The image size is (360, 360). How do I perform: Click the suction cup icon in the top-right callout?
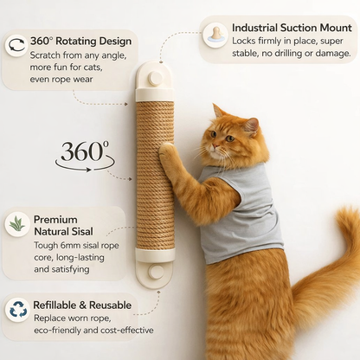[x=215, y=34]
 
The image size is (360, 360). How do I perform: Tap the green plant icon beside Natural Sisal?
[x=16, y=224]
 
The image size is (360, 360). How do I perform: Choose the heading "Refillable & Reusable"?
[x=83, y=305]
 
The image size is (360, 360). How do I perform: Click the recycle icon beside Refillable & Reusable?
[x=16, y=309]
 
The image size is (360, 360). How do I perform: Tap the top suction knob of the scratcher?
[x=154, y=80]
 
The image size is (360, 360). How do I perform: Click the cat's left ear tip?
[x=215, y=107]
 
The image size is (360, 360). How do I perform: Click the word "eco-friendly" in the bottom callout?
[x=62, y=331]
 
